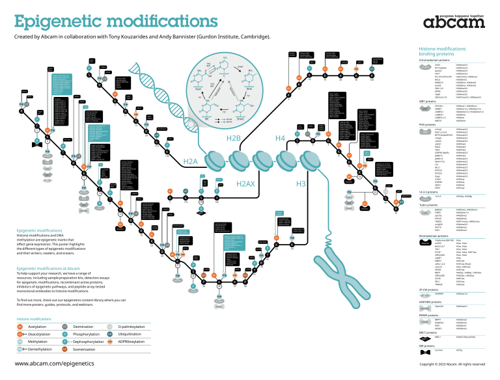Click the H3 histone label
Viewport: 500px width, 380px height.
(301, 184)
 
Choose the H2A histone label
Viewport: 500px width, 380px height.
(190, 161)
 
